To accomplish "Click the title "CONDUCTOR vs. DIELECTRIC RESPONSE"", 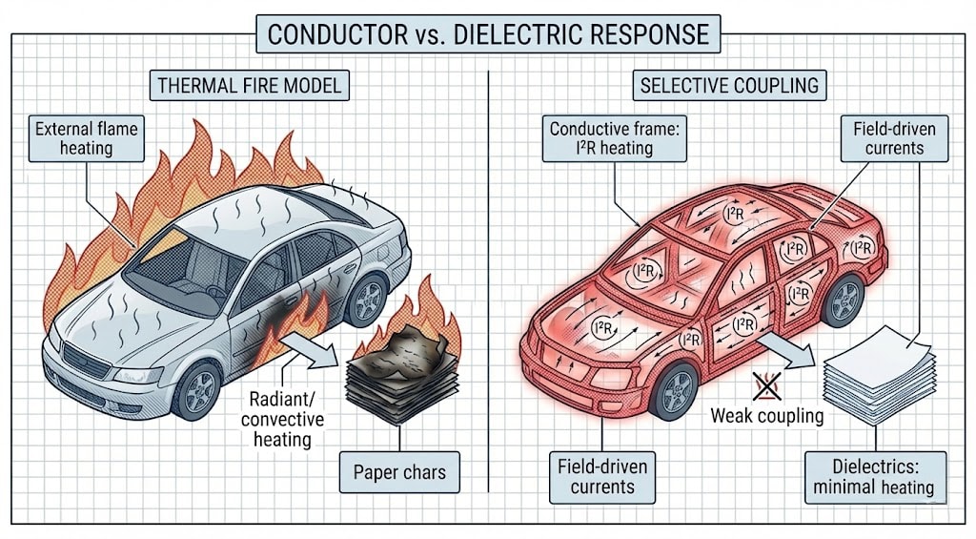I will pyautogui.click(x=488, y=33).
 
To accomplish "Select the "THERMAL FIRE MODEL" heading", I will pyautogui.click(x=248, y=85).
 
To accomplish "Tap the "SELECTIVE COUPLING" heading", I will pyautogui.click(x=729, y=85).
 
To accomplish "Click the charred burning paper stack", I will pyautogui.click(x=394, y=372).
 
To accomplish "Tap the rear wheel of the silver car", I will pyautogui.click(x=366, y=301).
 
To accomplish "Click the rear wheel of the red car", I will pyautogui.click(x=843, y=301).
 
